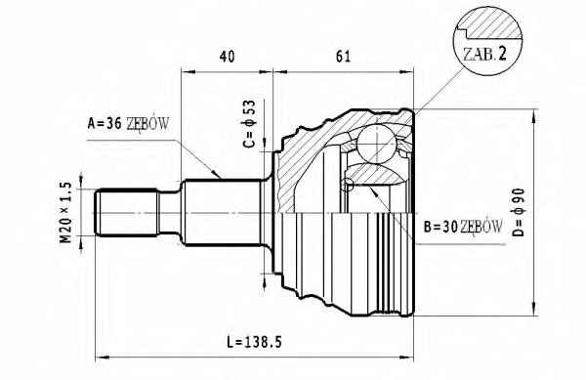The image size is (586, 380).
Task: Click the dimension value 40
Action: pos(228,57)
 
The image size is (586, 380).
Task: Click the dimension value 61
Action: pos(343,57)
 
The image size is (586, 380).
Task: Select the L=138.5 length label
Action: pos(255,342)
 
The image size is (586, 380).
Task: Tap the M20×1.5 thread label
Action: pos(65,212)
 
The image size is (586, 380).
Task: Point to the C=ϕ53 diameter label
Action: pos(249,124)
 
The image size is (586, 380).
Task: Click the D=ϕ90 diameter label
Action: pos(519,212)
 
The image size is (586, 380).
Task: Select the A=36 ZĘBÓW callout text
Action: pos(129,124)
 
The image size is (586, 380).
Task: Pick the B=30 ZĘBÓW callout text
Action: pos(463,227)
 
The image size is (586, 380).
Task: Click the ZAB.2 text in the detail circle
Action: pos(484,54)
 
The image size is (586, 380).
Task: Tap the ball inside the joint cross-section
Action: pos(376,144)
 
